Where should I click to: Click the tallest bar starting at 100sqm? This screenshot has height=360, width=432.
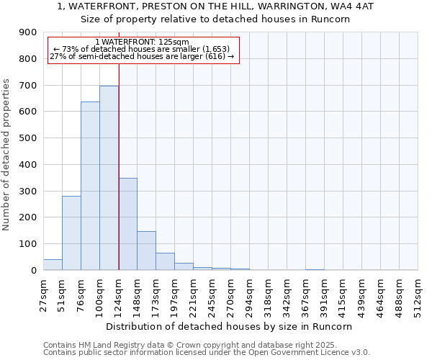109,178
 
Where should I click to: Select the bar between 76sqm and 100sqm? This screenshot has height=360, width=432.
90,186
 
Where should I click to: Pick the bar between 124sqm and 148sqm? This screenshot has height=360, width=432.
127,224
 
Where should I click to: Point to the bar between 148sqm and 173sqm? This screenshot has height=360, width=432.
146,251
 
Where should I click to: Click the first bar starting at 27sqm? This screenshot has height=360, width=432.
53,264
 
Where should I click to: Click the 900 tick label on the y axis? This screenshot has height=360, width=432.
28,32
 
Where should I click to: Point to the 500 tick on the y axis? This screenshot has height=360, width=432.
28,138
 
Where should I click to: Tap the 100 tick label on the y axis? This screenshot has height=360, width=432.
28,244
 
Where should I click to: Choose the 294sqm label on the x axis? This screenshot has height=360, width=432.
249,294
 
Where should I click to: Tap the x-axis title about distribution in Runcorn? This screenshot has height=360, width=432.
234,326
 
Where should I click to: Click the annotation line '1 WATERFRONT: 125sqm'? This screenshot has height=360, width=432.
142,42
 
